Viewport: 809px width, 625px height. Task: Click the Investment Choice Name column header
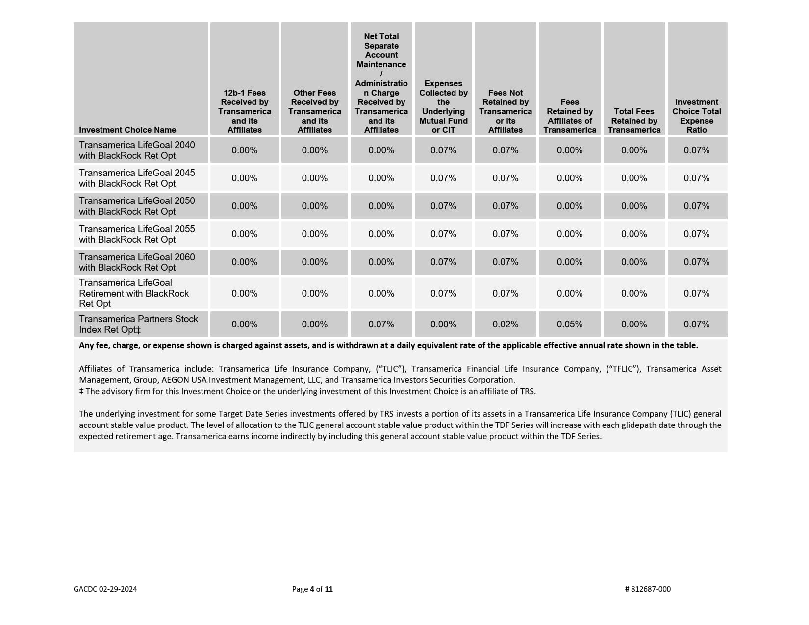[127, 130]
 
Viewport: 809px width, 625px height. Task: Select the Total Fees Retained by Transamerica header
[634, 121]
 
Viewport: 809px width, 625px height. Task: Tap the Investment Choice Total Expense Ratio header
[696, 116]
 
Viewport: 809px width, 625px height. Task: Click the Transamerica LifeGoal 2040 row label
[137, 150]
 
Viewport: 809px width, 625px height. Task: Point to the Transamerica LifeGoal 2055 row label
[137, 234]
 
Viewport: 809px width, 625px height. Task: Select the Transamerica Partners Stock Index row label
[138, 324]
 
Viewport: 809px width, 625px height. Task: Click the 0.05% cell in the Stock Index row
[569, 325]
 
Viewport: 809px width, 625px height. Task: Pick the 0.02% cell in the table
[505, 325]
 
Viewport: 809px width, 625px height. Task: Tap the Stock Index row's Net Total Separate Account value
[381, 325]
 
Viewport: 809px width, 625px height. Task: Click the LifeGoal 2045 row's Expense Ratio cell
[696, 178]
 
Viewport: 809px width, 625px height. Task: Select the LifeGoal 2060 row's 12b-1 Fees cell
[244, 262]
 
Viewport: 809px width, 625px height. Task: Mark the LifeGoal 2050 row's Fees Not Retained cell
[505, 206]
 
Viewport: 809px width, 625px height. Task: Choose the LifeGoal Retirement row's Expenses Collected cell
[443, 294]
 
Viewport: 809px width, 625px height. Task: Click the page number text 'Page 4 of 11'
[312, 589]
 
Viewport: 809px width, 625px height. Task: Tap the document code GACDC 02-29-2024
[105, 589]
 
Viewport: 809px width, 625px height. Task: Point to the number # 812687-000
[648, 589]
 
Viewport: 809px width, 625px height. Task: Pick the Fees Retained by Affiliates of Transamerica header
[569, 116]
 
